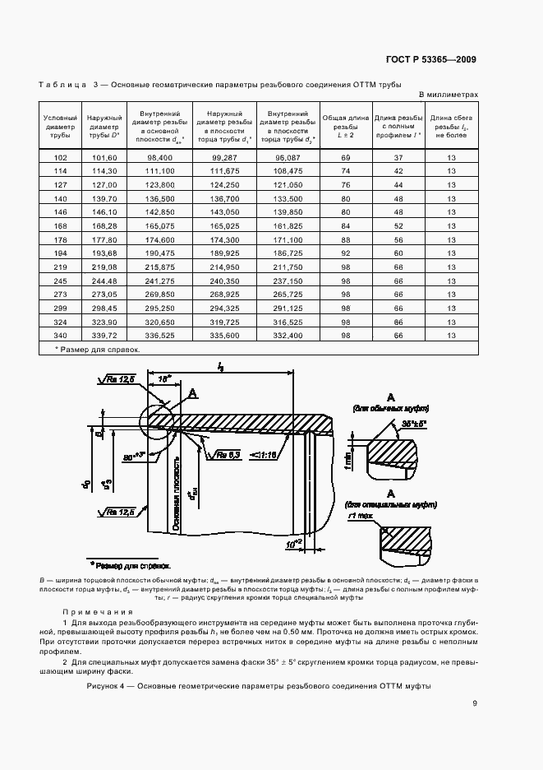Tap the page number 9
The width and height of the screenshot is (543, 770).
475,703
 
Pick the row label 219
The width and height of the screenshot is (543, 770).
60,267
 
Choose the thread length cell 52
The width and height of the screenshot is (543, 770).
398,225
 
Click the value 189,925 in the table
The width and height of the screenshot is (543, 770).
224,253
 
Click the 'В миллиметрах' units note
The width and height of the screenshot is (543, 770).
449,95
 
